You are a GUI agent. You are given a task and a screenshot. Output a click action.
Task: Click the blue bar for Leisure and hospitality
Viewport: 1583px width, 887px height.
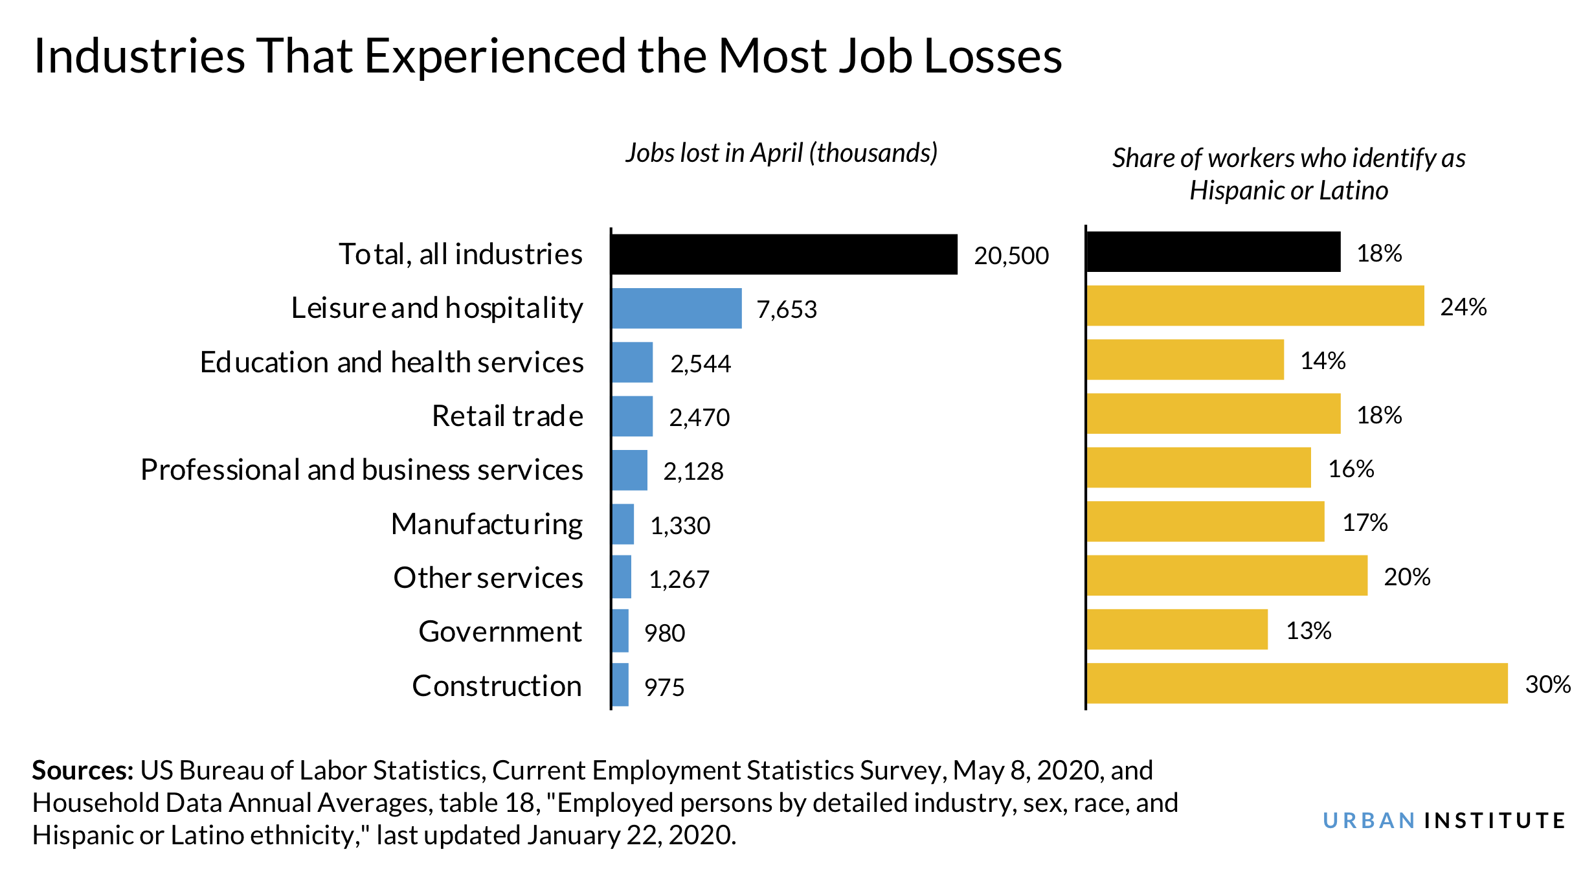pos(676,308)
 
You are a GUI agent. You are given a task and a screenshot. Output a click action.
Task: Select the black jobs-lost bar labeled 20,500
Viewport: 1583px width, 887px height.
pos(783,254)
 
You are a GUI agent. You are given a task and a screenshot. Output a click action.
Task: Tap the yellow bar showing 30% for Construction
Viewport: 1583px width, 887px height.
pos(1296,683)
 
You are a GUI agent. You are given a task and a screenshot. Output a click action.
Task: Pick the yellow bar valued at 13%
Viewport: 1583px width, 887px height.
pos(1176,629)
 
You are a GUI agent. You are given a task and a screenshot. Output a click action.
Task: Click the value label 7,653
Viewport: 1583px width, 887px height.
pos(787,309)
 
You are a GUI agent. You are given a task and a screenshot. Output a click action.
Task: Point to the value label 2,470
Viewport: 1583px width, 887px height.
pos(699,418)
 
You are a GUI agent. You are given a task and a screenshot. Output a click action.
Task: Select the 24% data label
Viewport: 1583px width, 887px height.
pos(1463,307)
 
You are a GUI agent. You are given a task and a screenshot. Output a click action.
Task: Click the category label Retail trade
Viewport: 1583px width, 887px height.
pos(507,416)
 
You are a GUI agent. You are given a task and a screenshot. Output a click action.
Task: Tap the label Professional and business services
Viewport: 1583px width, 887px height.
pos(361,470)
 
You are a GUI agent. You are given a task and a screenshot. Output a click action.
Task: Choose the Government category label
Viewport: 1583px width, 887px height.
pos(500,632)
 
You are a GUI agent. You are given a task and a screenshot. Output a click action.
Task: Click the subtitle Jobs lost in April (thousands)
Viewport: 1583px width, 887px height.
pos(781,153)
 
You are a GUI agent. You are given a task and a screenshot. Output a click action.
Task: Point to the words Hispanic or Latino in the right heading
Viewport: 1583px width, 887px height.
pos(1288,191)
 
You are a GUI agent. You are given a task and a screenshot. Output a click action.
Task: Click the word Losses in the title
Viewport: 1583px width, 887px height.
pos(993,56)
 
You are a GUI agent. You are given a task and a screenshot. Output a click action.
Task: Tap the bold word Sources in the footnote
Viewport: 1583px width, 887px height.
pos(82,770)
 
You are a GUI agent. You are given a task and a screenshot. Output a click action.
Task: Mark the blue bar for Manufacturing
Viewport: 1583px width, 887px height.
pos(622,524)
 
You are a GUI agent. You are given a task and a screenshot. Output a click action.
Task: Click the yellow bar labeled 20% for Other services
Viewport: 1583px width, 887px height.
pos(1226,576)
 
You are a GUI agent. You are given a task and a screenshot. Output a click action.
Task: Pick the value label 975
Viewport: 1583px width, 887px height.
pos(664,688)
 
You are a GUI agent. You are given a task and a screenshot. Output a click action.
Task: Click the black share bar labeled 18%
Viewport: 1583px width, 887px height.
pos(1213,252)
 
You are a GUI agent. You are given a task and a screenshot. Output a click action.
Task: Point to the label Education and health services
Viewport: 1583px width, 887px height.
pos(392,363)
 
